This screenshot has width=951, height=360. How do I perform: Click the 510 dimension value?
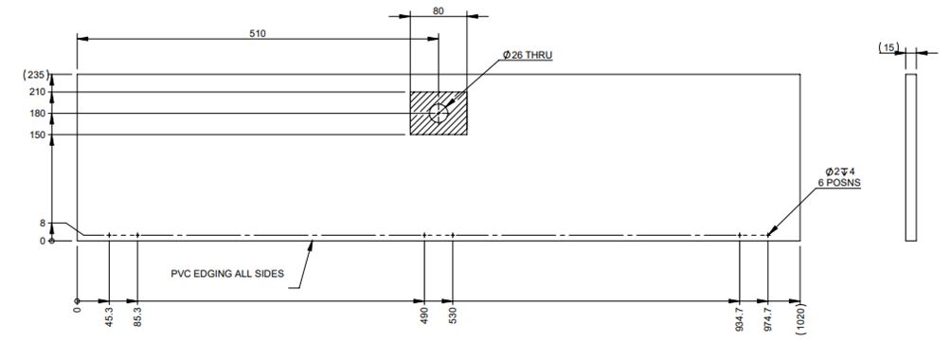pos(258,33)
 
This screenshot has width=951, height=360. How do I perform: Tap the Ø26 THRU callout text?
pos(528,55)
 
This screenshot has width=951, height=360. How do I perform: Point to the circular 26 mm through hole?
pos(439,113)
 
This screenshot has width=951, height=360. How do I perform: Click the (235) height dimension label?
pos(35,75)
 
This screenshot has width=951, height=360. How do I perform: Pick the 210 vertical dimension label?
pos(38,92)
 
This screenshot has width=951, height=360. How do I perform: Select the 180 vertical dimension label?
pos(38,113)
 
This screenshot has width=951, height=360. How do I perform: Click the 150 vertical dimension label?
pos(38,135)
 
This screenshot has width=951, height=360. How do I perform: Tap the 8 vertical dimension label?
pos(43,224)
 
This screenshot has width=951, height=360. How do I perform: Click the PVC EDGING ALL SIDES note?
pos(227,274)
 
